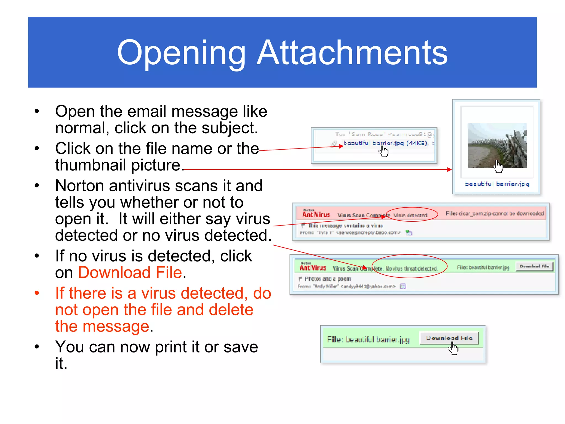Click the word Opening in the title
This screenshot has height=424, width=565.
181,53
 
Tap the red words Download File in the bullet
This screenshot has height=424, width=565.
130,272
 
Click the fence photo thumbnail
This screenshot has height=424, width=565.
497,145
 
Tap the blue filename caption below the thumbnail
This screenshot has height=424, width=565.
497,184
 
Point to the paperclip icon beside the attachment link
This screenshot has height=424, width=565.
334,144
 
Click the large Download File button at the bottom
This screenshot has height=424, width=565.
449,338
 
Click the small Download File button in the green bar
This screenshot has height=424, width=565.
534,266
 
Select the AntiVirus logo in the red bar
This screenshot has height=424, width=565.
316,214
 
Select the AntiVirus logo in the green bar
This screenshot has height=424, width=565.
313,267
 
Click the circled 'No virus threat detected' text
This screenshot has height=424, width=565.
411,269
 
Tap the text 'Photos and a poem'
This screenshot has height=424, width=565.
328,279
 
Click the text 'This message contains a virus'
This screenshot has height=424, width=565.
346,226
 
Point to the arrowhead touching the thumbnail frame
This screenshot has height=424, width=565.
449,169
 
